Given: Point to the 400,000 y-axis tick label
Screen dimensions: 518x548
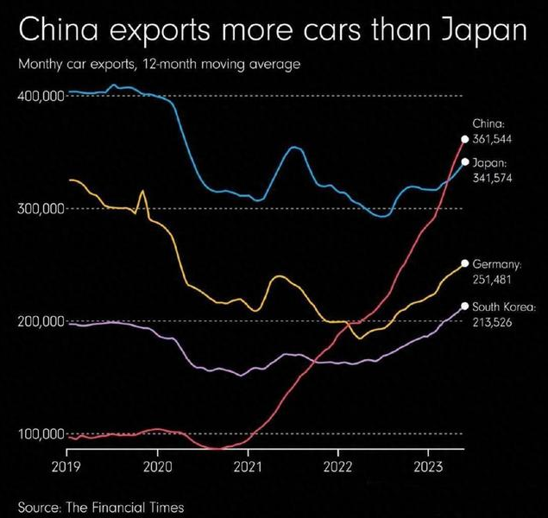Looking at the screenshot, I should (x=41, y=96).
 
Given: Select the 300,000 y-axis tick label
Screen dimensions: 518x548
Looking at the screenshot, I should (x=41, y=209).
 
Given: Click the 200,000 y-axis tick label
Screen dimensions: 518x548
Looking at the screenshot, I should (x=41, y=321).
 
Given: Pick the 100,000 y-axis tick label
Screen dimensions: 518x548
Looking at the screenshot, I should (x=41, y=433).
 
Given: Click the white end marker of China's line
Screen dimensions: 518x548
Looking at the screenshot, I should (x=465, y=139).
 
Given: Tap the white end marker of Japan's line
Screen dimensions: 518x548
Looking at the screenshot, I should (x=465, y=162).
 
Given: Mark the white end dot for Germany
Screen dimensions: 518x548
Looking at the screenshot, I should (x=465, y=263).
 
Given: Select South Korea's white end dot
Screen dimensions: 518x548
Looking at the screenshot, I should (x=465, y=306).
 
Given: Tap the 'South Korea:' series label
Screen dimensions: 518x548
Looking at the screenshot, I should (x=505, y=306).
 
